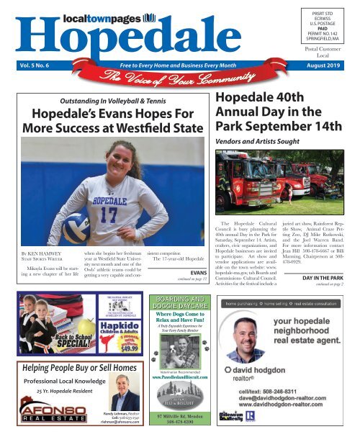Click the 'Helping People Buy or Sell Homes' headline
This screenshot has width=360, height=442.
tap(74, 369)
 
